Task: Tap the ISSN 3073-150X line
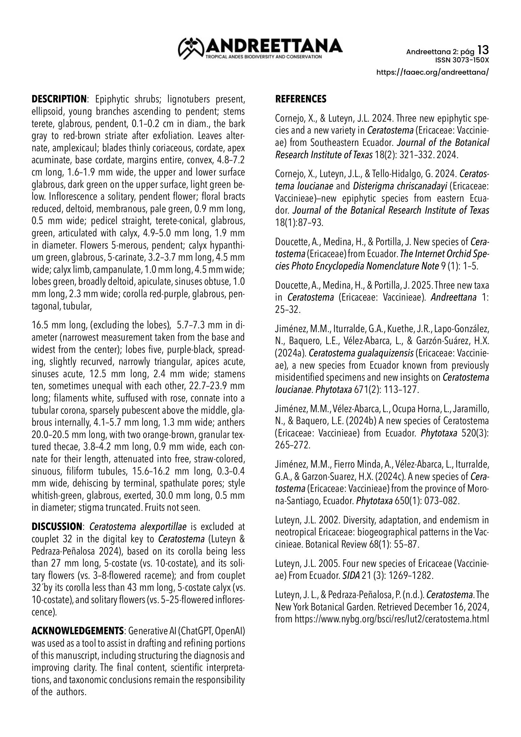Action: tap(462, 60)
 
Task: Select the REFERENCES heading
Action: tap(301, 99)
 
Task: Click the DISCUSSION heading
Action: tap(57, 527)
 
